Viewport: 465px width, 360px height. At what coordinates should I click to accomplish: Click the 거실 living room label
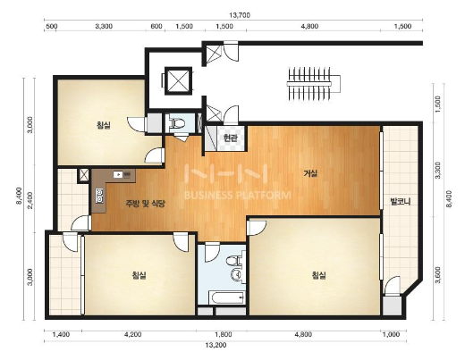310,172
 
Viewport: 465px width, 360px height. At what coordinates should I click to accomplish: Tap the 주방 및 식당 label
145,204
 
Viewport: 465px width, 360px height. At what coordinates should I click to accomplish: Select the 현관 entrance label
230,138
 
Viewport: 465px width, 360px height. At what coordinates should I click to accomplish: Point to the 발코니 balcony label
401,202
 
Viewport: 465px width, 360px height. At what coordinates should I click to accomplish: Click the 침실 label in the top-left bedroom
103,125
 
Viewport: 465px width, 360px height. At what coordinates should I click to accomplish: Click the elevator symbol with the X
178,81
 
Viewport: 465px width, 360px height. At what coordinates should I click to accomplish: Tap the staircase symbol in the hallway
313,83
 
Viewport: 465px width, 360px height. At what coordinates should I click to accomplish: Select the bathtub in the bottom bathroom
226,297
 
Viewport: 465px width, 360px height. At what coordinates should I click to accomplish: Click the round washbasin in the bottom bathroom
236,273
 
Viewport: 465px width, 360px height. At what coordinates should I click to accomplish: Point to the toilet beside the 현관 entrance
177,123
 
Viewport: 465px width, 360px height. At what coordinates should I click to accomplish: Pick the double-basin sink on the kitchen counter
99,196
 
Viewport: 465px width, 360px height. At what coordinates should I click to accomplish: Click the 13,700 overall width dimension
240,15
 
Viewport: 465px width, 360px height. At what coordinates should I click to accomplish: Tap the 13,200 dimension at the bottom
216,345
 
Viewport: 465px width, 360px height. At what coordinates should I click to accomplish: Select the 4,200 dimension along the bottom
132,334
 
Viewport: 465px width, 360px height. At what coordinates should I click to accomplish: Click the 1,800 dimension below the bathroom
224,334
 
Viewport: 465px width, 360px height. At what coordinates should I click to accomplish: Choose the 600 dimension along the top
156,26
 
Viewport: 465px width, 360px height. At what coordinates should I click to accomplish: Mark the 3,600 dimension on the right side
438,275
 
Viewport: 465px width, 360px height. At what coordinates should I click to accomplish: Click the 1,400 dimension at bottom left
61,334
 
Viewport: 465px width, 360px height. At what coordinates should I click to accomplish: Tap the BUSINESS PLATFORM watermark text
238,196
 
